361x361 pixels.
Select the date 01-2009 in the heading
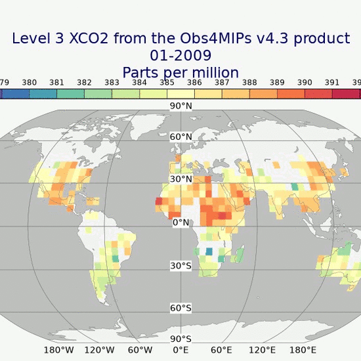tap(180, 56)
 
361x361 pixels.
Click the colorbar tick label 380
tap(29, 83)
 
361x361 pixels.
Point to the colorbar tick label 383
tap(112, 83)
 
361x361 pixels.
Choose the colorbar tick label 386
tap(194, 83)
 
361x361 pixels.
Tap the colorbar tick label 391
tap(332, 83)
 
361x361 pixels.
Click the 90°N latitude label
tap(180, 106)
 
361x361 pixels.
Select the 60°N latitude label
tap(180, 137)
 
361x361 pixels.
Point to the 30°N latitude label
tap(180, 179)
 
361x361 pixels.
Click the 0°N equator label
tap(180, 223)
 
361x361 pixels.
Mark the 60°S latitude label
tap(180, 308)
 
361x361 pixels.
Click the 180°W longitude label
tap(58, 350)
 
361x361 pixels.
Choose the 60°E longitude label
tap(221, 350)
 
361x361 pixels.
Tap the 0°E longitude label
tap(180, 350)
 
